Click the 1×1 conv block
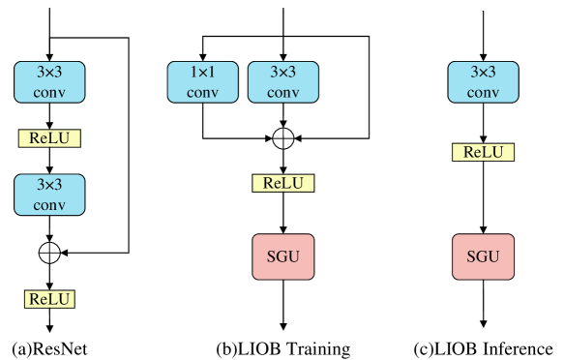point(202,82)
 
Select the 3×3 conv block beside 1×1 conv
point(282,82)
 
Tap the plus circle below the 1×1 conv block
point(282,138)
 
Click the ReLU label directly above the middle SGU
point(282,183)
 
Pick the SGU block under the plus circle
point(282,256)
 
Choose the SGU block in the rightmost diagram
point(483,256)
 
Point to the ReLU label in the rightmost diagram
point(483,152)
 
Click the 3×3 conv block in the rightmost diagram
point(483,82)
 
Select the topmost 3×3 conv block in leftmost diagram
point(49,82)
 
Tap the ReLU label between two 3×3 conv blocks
point(49,138)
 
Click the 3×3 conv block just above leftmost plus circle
point(49,195)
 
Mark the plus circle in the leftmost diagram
point(49,253)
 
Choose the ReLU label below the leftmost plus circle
point(49,299)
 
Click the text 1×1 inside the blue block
point(202,73)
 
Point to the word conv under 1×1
point(202,93)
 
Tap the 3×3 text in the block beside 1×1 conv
point(282,73)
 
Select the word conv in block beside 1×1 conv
point(282,93)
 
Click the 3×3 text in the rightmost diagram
point(483,73)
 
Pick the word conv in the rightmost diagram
point(483,93)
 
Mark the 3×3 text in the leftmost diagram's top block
point(49,73)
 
